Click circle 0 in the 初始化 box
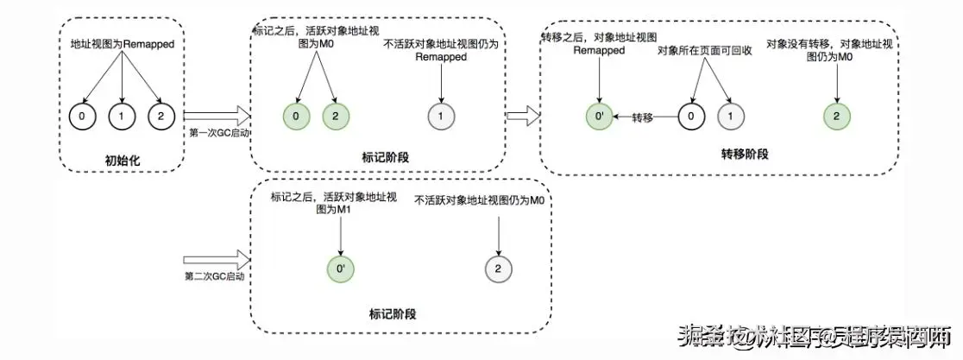(x=82, y=116)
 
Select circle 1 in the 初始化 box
(x=121, y=116)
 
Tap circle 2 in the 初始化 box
(x=160, y=116)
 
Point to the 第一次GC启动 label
(x=216, y=134)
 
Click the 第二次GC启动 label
(x=215, y=276)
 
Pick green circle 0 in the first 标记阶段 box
(x=297, y=117)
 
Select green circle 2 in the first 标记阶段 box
(x=335, y=117)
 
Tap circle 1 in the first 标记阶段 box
(x=441, y=117)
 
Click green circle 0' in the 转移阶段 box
(x=599, y=117)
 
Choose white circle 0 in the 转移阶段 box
(x=689, y=117)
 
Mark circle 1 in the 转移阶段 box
(x=729, y=117)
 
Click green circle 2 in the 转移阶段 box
(x=835, y=117)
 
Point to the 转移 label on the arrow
(x=643, y=117)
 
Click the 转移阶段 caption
(x=745, y=154)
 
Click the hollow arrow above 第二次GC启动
(x=217, y=257)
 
